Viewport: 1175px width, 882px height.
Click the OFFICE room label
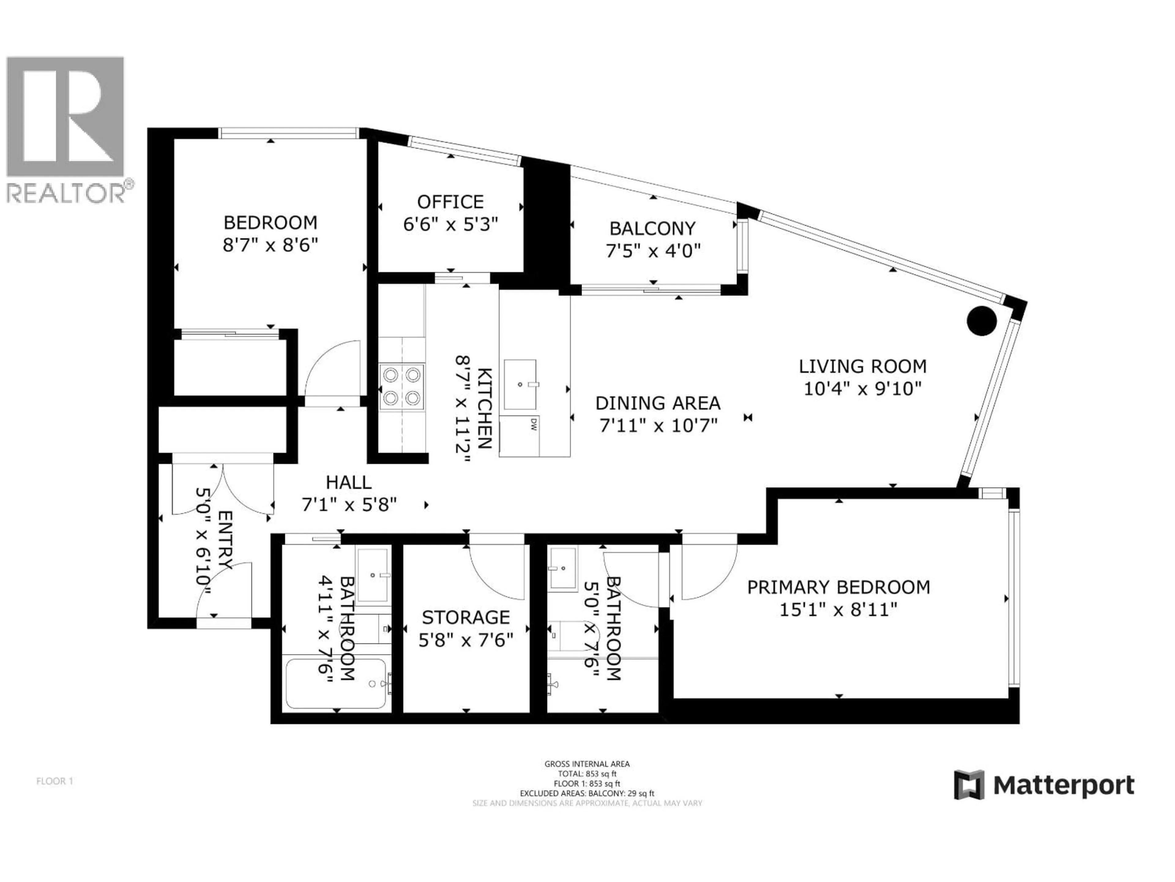click(450, 202)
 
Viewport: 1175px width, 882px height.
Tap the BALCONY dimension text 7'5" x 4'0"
click(653, 251)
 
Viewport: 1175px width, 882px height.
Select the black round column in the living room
click(981, 321)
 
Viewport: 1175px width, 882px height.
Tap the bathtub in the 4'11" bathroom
click(336, 683)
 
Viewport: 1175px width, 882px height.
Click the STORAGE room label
click(466, 617)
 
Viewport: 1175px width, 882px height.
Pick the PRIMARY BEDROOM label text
click(838, 587)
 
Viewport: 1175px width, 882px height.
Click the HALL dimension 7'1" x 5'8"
click(349, 504)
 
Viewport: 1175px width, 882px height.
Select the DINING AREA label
click(658, 404)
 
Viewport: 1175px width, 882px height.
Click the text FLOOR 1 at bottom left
click(54, 781)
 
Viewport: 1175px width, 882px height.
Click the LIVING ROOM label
click(863, 366)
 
